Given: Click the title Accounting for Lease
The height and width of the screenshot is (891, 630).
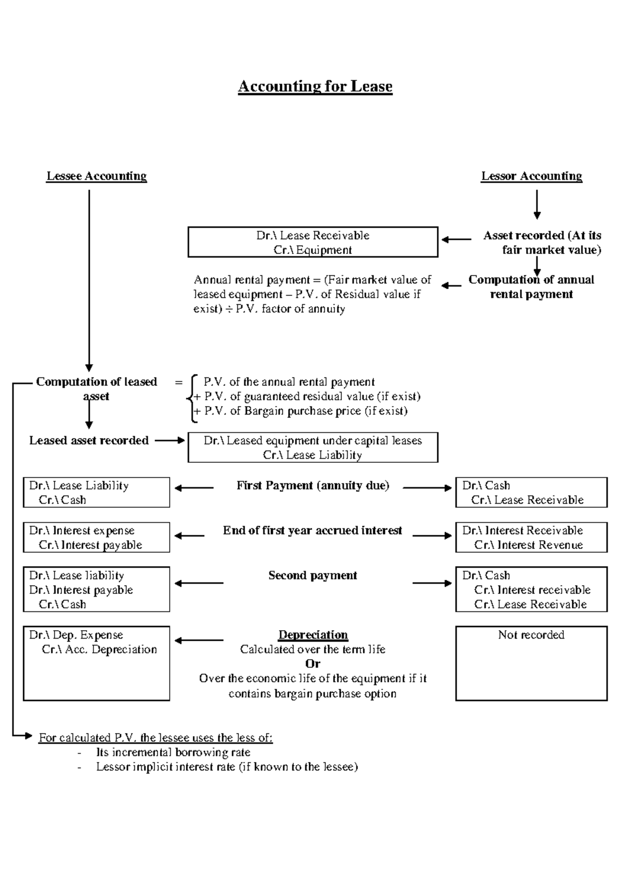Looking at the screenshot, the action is coord(315,86).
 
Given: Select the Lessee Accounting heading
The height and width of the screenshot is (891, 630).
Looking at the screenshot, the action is coord(97,176).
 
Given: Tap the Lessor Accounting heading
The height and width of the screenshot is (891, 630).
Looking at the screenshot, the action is coord(532,176).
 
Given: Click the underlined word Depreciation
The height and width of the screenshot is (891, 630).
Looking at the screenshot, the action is coord(313,635).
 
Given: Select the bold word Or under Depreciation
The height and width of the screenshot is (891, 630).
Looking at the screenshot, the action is coord(313,664).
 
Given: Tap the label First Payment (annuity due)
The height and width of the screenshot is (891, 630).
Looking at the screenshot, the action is coord(313,486).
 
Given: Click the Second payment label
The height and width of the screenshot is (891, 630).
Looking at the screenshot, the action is coord(313,576).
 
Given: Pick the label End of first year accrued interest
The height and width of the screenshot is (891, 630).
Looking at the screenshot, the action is coord(312,531).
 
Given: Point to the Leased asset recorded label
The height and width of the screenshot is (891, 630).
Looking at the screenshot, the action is coord(89,441).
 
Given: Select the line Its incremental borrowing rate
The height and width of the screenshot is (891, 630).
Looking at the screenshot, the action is coord(173,752).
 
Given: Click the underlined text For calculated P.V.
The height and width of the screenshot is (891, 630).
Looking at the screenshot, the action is coord(155,738).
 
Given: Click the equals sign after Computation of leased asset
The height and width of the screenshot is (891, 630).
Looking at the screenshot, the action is coord(178,382).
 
